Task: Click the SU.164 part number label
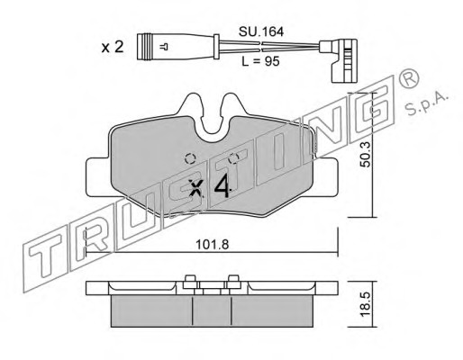coord(261,31)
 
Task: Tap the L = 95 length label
coord(260,61)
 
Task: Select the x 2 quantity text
coord(113,47)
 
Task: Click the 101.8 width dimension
coord(212,245)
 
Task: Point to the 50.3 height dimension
coord(366,155)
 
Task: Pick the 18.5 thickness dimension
coord(366,305)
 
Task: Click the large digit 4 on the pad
coord(222,186)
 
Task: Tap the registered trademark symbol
coord(408,77)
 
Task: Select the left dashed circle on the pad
coord(190,158)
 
